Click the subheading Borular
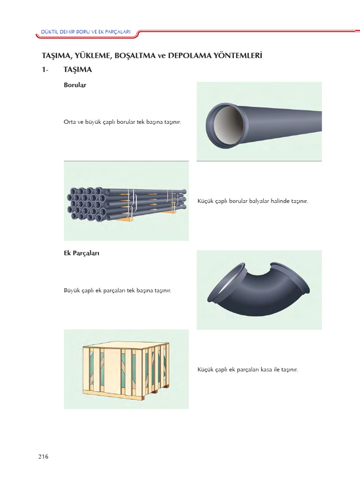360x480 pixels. pyautogui.click(x=75, y=85)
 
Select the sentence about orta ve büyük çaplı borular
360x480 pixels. pyautogui.click(x=122, y=121)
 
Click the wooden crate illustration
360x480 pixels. pyautogui.click(x=126, y=369)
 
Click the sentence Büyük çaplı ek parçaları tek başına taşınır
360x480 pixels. pyautogui.click(x=117, y=291)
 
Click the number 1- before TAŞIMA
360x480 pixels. pyautogui.click(x=45, y=70)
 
